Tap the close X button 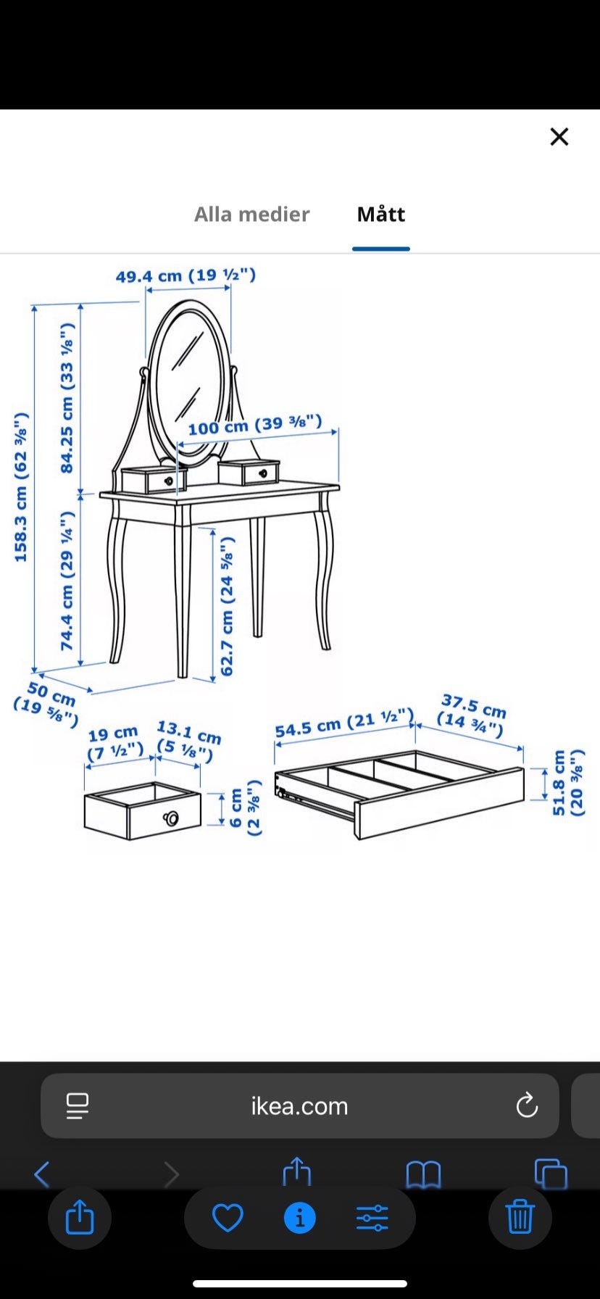(559, 136)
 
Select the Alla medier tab (251, 214)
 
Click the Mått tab (381, 214)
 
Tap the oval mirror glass (191, 378)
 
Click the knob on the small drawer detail (171, 818)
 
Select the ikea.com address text (299, 1105)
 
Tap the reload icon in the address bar (527, 1105)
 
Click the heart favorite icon (228, 1218)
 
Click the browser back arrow (42, 1174)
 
